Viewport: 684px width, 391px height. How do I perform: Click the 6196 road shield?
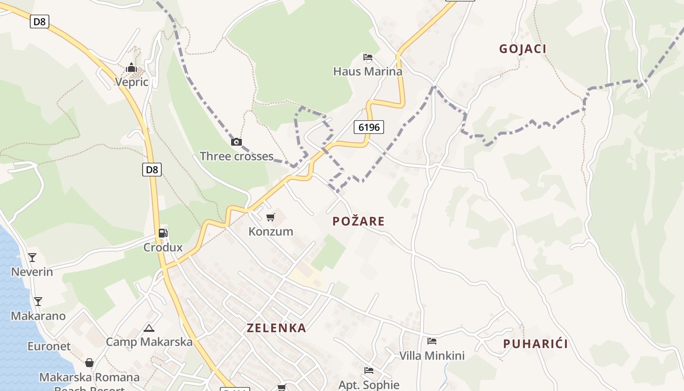[368, 128]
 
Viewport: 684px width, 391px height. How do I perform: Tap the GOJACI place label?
[522, 49]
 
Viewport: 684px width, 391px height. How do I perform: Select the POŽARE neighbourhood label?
[359, 221]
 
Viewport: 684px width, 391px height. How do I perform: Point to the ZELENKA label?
[277, 328]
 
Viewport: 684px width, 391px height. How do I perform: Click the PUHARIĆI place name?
[535, 344]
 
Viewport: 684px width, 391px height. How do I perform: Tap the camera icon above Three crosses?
[236, 142]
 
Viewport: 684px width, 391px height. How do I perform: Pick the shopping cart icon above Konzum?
[271, 217]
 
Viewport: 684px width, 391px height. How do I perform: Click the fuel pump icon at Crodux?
[163, 233]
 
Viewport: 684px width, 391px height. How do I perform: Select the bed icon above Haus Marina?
[368, 58]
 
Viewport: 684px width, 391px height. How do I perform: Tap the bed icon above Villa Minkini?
[432, 341]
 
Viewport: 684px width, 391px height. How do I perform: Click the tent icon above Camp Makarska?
[149, 328]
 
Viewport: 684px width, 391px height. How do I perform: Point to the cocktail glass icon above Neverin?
[32, 257]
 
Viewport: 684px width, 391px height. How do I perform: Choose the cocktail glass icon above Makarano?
[38, 301]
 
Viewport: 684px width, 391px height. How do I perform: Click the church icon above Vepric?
[131, 67]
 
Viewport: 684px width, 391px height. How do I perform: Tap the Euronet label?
[49, 347]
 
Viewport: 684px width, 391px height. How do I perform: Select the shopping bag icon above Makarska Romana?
[89, 363]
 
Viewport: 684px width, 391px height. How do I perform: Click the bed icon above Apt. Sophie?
[369, 371]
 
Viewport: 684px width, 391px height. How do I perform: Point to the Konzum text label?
[271, 232]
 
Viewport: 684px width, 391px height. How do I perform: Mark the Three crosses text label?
[236, 156]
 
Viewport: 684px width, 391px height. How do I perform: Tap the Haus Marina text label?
[368, 71]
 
